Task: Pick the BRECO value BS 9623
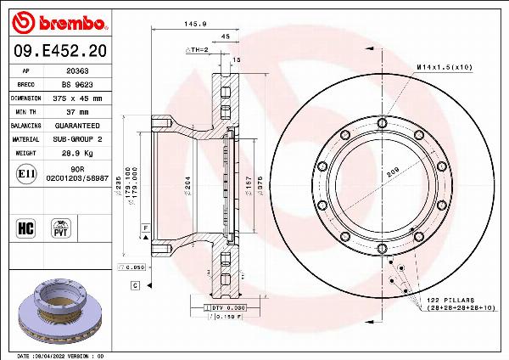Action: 78,85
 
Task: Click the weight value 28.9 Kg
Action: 78,154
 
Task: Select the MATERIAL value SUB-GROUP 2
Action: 78,138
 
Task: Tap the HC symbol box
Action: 25,227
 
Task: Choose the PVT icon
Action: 61,228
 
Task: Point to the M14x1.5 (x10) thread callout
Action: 444,65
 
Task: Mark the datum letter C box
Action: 135,285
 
